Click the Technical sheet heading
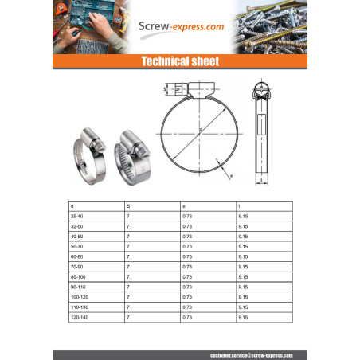coord(179,61)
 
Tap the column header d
coord(72,205)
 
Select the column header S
coord(128,205)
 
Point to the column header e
coord(184,205)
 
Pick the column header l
coord(240,205)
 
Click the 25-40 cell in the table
coord(77,216)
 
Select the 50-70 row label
coord(77,246)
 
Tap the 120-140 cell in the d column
coord(80,317)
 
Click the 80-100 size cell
coord(78,276)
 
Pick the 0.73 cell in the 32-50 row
coord(188,226)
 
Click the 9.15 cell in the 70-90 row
coord(244,266)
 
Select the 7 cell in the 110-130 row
coord(128,307)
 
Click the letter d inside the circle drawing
coord(202,129)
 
